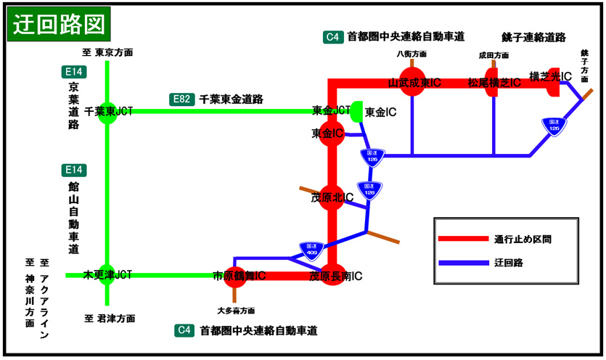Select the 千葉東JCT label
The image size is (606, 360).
(x=108, y=112)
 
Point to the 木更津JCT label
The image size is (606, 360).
(x=108, y=275)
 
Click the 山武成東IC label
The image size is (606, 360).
(x=415, y=83)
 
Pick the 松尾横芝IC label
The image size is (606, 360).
(x=494, y=83)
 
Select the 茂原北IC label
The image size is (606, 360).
(x=332, y=197)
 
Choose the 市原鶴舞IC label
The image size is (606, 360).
(x=239, y=277)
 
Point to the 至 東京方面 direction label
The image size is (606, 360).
(x=107, y=52)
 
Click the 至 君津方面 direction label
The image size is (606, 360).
(x=110, y=318)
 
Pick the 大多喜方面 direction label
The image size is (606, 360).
(x=236, y=310)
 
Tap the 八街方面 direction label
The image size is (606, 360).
(x=411, y=54)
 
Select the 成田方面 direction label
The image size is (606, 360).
(x=494, y=54)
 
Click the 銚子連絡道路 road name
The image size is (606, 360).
(x=533, y=37)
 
